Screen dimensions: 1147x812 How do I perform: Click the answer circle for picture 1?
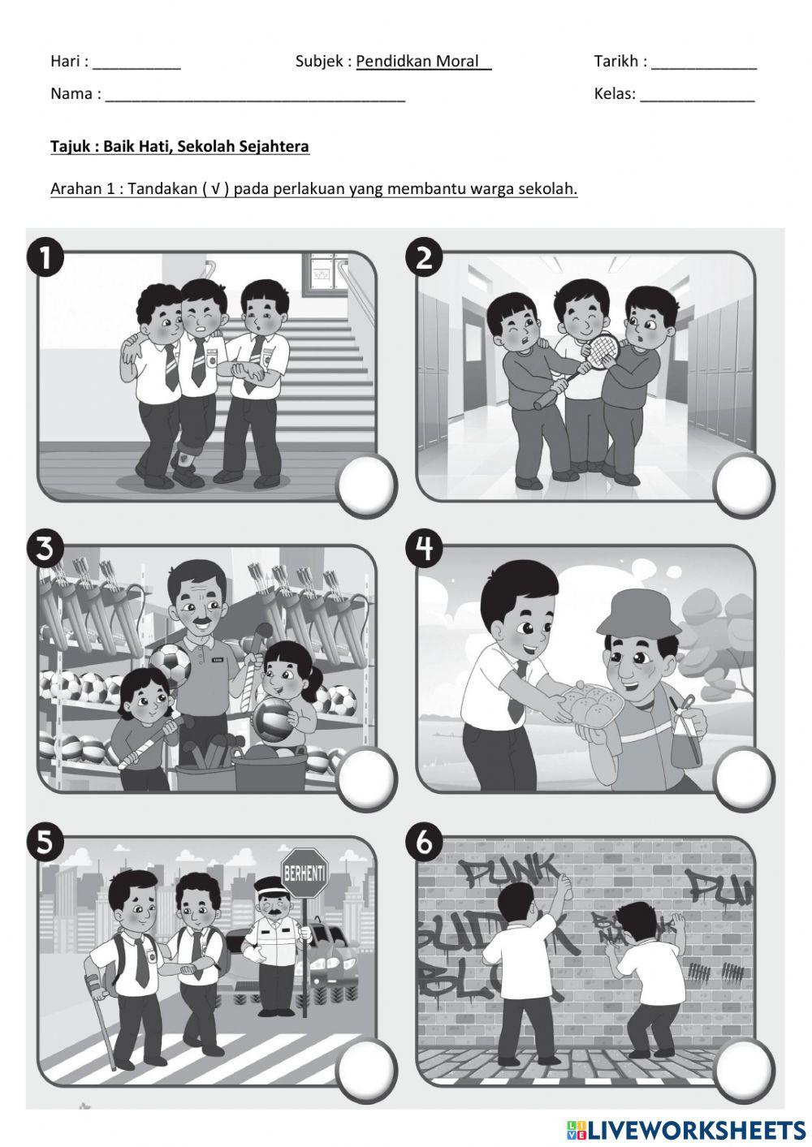point(366,485)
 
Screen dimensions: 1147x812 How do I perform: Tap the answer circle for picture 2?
point(744,485)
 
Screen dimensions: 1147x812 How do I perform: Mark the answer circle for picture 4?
point(744,777)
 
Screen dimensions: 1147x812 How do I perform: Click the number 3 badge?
point(45,550)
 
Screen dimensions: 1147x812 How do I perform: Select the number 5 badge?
point(45,842)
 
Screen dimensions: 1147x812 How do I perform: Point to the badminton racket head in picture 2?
point(602,351)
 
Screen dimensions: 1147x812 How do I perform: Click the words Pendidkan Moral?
point(423,62)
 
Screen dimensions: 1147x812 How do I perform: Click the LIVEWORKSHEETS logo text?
point(694,1129)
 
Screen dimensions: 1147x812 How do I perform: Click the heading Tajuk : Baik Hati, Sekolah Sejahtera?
point(179,147)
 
